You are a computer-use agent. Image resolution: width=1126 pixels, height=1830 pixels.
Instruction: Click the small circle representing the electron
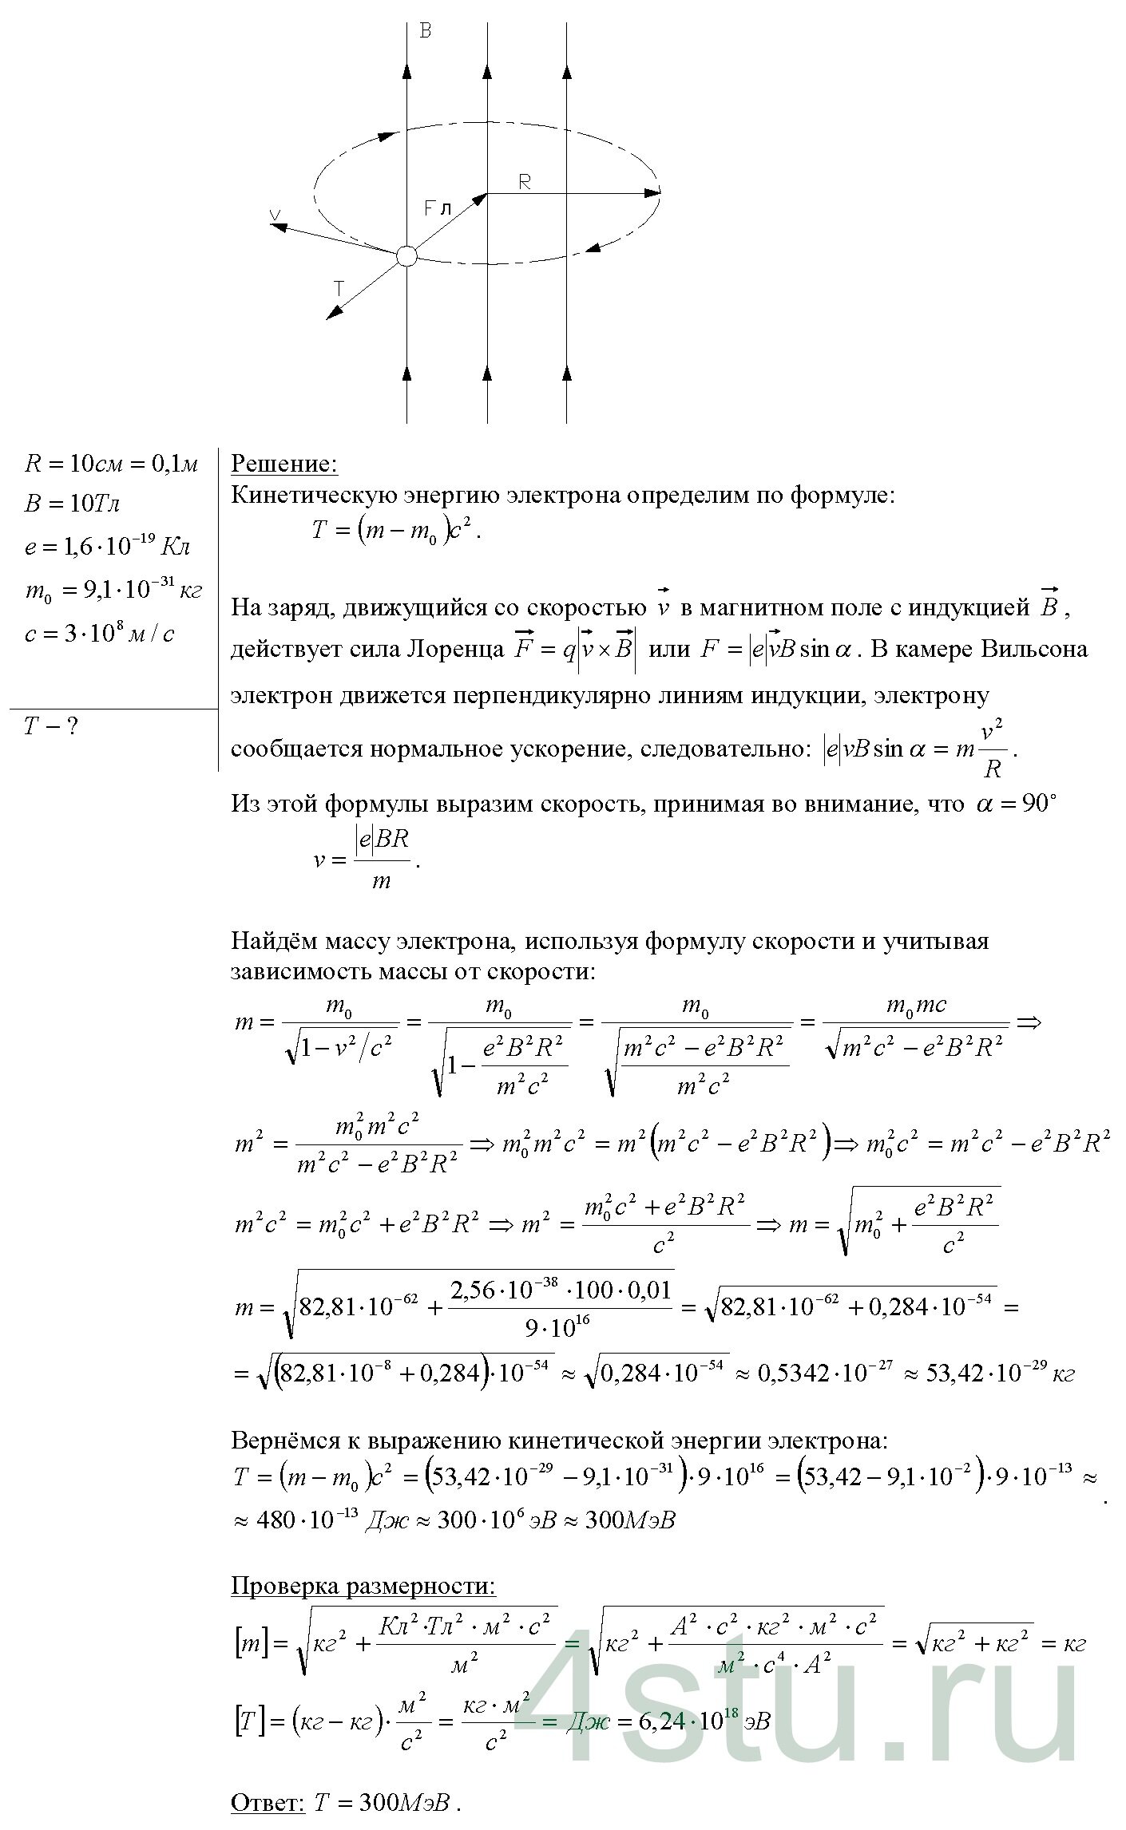406,255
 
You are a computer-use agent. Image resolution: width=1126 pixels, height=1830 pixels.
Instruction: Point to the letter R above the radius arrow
525,182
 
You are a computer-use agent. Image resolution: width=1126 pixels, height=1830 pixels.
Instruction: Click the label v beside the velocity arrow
275,214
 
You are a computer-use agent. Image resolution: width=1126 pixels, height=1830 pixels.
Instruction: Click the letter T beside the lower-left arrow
339,288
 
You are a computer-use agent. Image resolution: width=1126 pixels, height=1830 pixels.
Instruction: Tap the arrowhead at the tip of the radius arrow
654,192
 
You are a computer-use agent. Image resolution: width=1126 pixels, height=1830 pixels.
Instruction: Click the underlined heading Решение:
284,464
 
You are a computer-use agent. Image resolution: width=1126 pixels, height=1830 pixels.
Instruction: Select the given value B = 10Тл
73,504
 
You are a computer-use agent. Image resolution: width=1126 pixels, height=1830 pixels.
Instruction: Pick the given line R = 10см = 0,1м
111,463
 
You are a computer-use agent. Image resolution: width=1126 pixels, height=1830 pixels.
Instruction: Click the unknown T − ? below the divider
50,726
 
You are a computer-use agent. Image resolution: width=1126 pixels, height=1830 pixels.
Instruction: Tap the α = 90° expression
1016,804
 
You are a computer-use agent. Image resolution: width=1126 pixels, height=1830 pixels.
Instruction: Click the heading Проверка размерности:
363,1586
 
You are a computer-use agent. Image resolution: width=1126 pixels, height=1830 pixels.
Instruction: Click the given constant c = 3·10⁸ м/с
100,634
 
